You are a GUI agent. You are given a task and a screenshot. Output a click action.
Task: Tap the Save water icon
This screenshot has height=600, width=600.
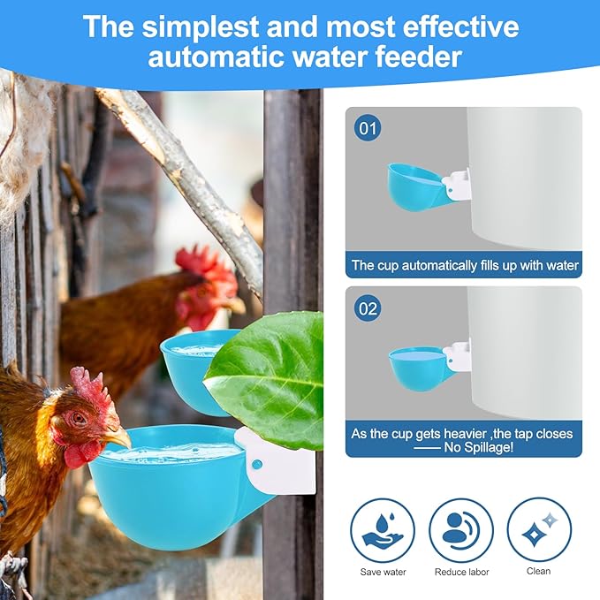pyautogui.click(x=383, y=530)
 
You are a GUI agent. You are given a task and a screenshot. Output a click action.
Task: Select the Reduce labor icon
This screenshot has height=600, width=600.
pyautogui.click(x=461, y=530)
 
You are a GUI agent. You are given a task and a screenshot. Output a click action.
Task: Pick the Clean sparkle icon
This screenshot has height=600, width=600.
pyautogui.click(x=538, y=530)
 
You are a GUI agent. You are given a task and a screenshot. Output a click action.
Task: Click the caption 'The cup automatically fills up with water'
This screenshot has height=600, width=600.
pyautogui.click(x=464, y=265)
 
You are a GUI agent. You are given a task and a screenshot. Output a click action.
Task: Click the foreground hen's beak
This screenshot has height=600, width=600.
pyautogui.click(x=118, y=437)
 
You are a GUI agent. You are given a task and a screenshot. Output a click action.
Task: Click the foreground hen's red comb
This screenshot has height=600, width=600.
pyautogui.click(x=92, y=389)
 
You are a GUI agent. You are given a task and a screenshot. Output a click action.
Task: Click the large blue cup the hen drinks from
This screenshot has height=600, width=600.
pyautogui.click(x=168, y=490)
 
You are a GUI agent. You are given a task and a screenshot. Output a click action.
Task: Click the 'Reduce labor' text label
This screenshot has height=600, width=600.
pyautogui.click(x=461, y=572)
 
